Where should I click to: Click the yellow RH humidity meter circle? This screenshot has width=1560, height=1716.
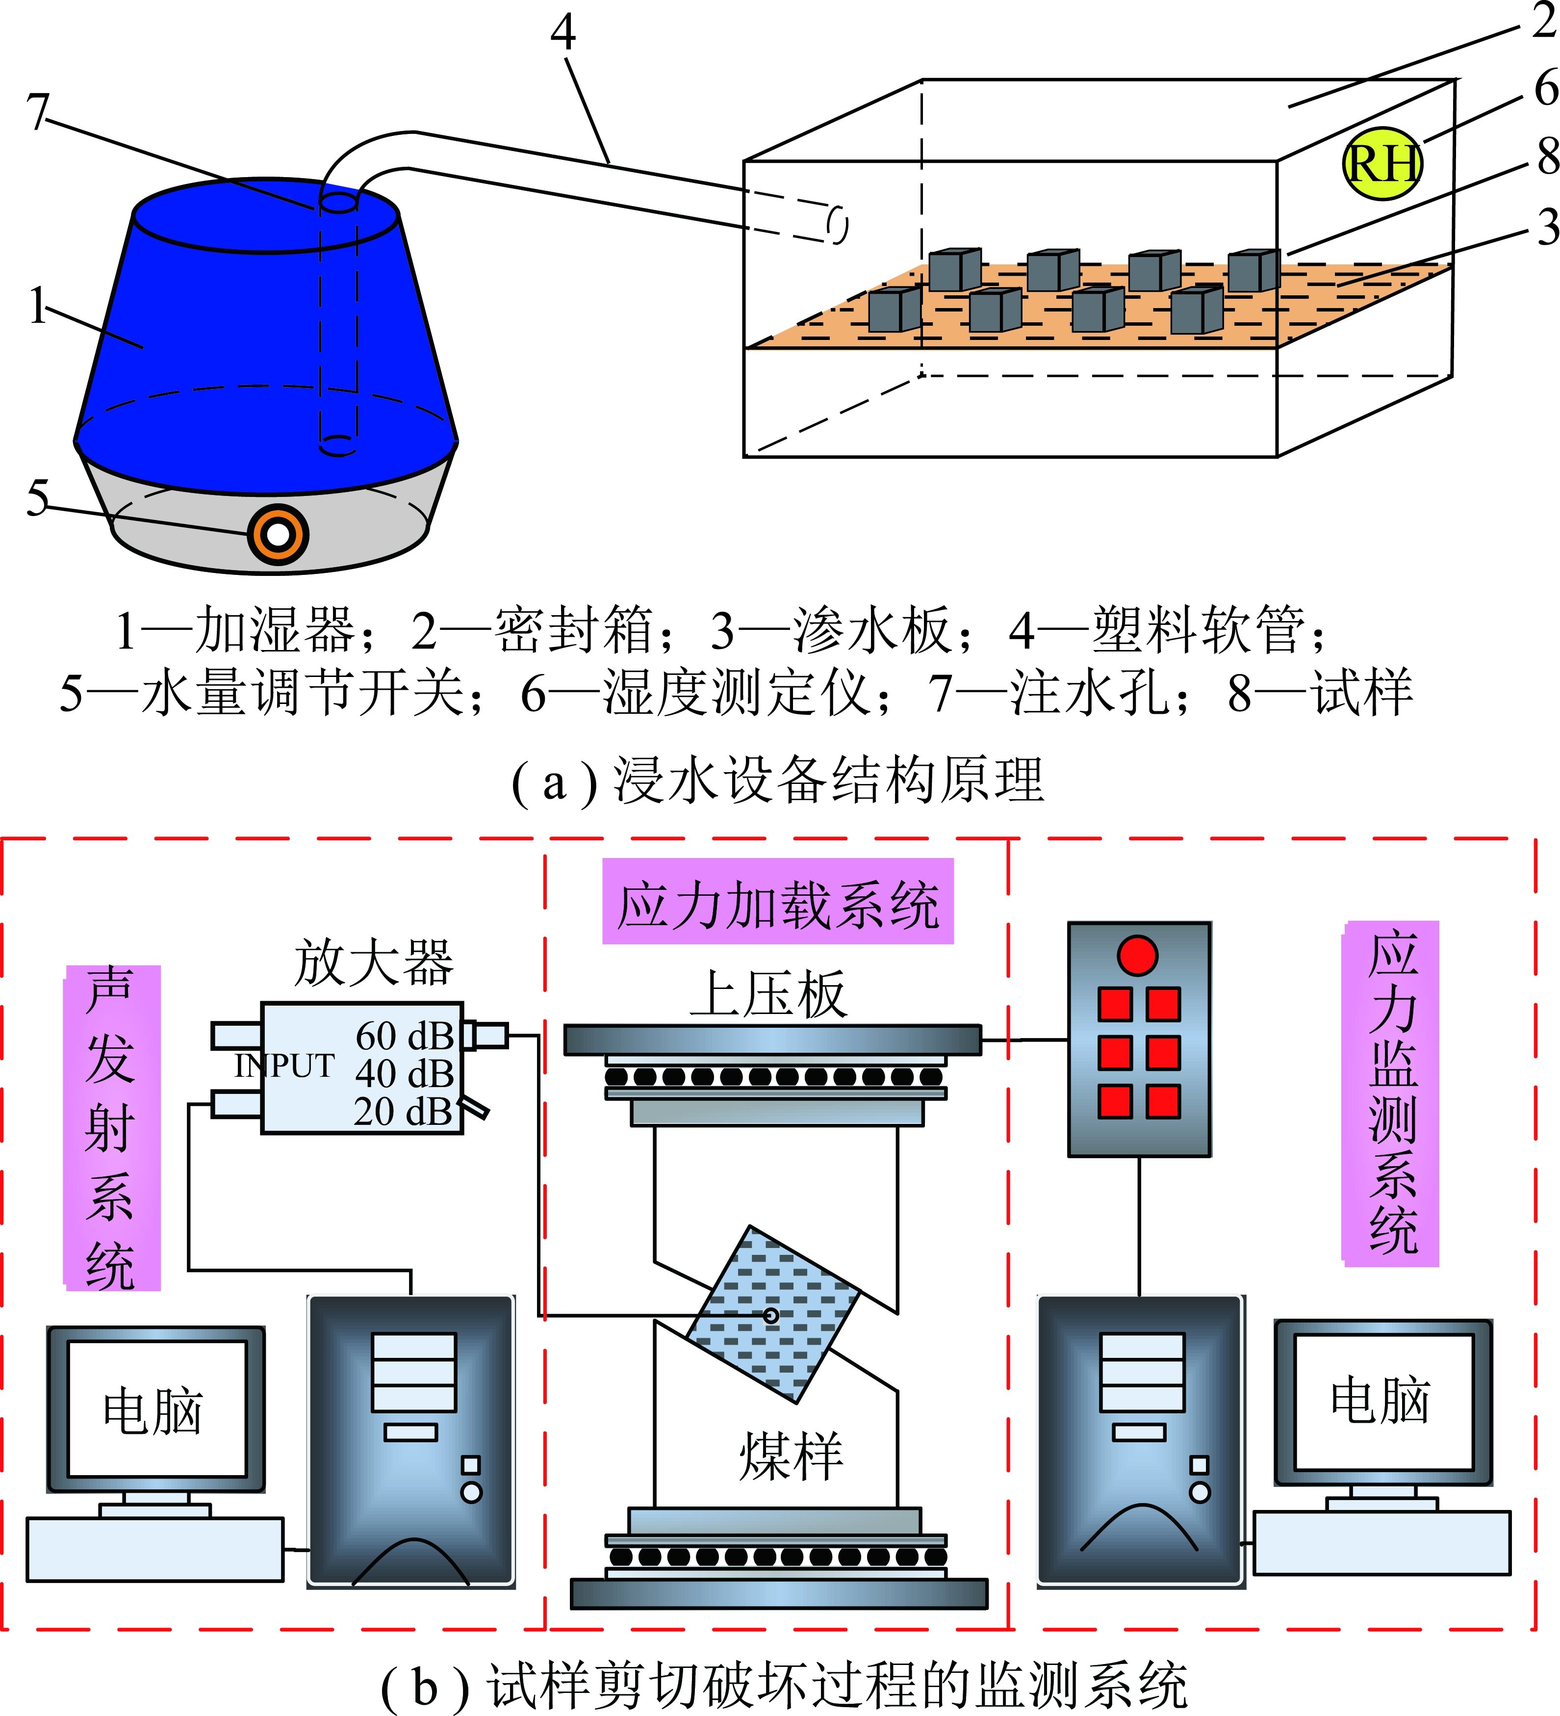1381,163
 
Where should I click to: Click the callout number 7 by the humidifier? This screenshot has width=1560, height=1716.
38,111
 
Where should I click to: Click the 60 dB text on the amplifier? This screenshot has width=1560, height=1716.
404,1036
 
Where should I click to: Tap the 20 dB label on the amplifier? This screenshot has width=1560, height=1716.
403,1112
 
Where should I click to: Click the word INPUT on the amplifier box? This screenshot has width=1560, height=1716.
284,1066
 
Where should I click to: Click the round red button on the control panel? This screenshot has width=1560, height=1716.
1137,955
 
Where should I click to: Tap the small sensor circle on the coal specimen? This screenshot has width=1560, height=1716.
771,1316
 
